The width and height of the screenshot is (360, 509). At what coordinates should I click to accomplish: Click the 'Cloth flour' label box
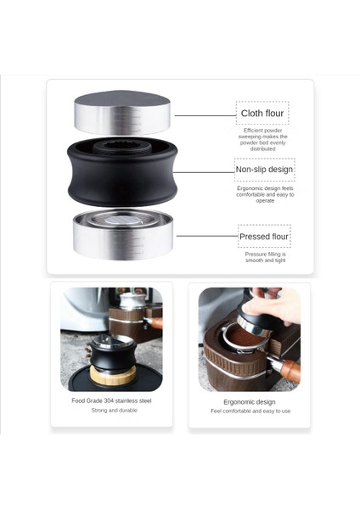pyautogui.click(x=262, y=113)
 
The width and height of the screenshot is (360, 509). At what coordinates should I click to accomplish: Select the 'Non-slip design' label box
pyautogui.click(x=264, y=170)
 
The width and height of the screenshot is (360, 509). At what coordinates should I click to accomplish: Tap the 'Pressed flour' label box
pyautogui.click(x=263, y=236)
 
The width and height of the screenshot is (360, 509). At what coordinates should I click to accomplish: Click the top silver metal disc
pyautogui.click(x=122, y=113)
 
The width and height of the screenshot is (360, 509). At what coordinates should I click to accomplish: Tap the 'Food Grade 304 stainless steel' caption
pyautogui.click(x=111, y=400)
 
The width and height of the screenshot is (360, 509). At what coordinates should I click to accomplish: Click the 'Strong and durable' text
pyautogui.click(x=111, y=411)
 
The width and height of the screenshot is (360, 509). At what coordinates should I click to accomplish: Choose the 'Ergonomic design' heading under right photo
pyautogui.click(x=249, y=401)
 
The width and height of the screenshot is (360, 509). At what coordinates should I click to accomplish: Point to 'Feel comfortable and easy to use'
pyautogui.click(x=249, y=411)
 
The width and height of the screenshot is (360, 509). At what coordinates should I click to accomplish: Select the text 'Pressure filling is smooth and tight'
pyautogui.click(x=264, y=257)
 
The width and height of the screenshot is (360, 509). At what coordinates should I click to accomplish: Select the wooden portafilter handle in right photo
pyautogui.click(x=284, y=369)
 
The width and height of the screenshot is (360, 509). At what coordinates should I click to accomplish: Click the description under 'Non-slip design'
pyautogui.click(x=264, y=193)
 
